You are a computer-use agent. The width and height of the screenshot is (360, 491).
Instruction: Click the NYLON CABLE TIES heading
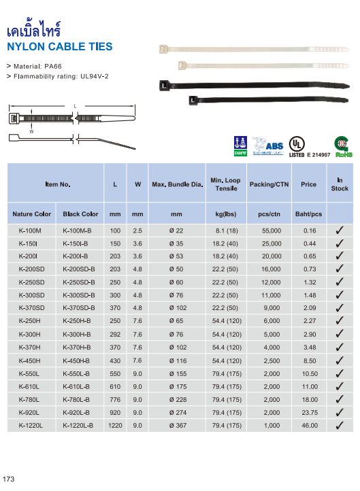pyautogui.click(x=59, y=47)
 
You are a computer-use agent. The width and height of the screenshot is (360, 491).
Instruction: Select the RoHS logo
pyautogui.click(x=344, y=146)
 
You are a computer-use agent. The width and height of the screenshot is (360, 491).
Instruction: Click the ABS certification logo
pyautogui.click(x=268, y=146)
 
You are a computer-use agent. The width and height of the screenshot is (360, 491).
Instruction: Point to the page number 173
pyautogui.click(x=8, y=479)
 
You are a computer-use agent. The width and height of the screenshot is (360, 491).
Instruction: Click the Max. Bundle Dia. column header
pyautogui.click(x=178, y=184)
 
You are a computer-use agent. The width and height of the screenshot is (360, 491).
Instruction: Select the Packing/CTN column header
pyautogui.click(x=269, y=184)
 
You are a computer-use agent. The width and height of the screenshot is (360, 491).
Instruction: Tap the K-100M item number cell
pyautogui.click(x=30, y=231)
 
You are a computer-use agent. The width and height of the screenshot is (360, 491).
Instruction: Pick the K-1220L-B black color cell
pyautogui.click(x=78, y=426)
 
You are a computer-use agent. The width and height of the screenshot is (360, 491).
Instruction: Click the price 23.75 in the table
pyautogui.click(x=310, y=413)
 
